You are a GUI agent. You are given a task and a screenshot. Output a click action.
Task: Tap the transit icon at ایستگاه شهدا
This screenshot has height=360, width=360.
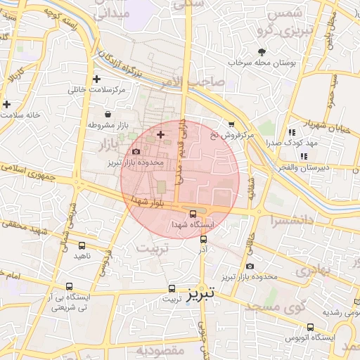coord(193,214)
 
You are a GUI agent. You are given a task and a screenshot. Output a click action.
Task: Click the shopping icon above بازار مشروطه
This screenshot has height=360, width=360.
coord(107,114)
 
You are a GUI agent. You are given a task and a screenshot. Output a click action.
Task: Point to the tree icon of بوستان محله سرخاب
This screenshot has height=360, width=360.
coord(262,52)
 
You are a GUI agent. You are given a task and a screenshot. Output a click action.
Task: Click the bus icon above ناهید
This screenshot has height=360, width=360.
coord(82,245)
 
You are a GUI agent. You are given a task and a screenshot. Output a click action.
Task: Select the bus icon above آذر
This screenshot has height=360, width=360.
coord(204,239)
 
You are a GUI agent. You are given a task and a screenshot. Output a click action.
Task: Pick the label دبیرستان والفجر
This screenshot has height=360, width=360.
coord(303,167)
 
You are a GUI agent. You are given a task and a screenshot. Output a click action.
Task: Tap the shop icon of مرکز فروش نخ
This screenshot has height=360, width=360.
coord(231,124)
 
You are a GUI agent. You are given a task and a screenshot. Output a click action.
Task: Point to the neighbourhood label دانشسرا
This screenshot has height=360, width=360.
coord(290,220)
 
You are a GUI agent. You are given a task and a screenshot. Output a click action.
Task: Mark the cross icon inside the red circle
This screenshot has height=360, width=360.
coord(161,134)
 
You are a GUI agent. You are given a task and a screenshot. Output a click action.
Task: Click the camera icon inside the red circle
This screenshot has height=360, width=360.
coord(136,151)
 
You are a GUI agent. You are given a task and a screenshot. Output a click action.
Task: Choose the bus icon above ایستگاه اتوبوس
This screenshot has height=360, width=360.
coord(311,326)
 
